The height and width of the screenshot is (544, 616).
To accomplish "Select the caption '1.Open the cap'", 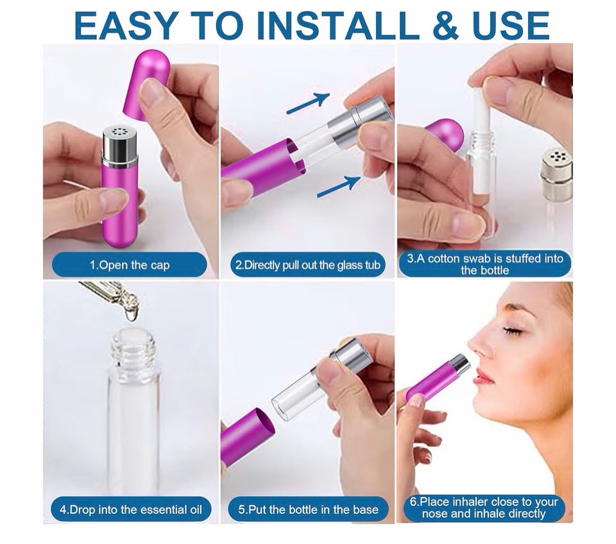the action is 130,265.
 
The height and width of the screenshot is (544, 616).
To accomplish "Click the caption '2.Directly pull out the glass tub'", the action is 307,265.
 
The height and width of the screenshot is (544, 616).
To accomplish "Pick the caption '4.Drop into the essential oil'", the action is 131,510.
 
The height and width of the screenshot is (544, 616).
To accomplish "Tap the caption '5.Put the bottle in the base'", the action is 308,510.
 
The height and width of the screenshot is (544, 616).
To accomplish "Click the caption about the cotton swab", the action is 485,264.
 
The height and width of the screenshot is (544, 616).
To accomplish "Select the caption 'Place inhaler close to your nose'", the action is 484,507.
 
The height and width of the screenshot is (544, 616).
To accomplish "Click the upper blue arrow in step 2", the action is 309,103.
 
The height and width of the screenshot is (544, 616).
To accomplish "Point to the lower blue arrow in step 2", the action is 339,187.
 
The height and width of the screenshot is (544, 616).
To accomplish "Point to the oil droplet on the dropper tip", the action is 131,314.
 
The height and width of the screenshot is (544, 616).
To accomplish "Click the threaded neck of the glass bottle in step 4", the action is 133,348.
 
